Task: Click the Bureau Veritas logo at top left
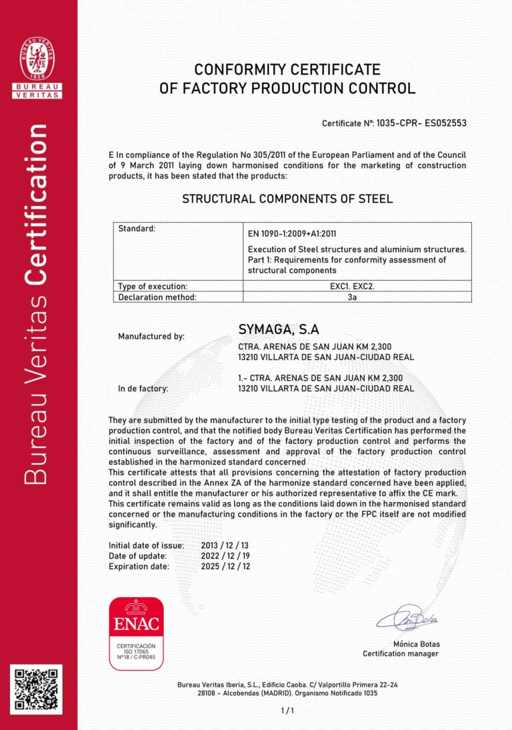click(39, 67)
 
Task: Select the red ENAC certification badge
click(136, 633)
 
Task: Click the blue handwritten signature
click(407, 618)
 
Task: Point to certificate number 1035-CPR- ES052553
click(421, 123)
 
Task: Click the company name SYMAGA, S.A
click(279, 329)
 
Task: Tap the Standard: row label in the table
click(137, 229)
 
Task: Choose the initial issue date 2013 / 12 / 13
click(225, 545)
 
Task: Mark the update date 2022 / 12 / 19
click(225, 556)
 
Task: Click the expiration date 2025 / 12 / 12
click(225, 567)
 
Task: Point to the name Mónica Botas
click(417, 644)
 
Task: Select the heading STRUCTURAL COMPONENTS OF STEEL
click(287, 199)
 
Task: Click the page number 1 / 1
click(287, 711)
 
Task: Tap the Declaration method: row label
click(157, 297)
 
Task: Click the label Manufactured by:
click(151, 337)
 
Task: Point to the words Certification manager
click(401, 654)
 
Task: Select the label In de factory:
click(143, 388)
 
